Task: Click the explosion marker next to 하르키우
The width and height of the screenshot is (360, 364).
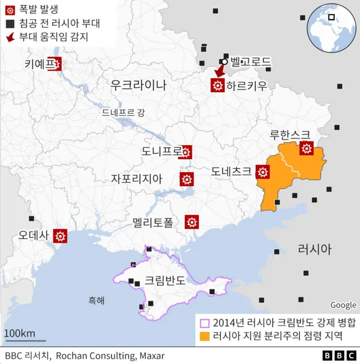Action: [218, 86]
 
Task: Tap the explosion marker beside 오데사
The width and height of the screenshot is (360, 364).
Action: [60, 236]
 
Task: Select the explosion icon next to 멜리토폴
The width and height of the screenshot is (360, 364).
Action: [192, 222]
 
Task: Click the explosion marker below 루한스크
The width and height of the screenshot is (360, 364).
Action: [307, 149]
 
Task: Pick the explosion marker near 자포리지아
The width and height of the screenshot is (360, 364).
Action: [186, 179]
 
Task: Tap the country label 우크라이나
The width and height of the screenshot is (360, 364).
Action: [138, 85]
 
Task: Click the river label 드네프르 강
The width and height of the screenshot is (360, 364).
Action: [123, 112]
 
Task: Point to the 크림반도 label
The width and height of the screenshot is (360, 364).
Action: [165, 280]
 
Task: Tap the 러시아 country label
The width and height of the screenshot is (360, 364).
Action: [314, 249]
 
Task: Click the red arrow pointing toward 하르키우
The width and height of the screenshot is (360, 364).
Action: [219, 71]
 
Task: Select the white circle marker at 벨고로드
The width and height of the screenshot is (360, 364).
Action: [224, 62]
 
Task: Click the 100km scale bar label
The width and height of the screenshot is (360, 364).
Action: [20, 332]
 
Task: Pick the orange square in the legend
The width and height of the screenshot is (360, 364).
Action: [205, 336]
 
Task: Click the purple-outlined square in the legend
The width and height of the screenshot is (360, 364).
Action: [205, 322]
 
